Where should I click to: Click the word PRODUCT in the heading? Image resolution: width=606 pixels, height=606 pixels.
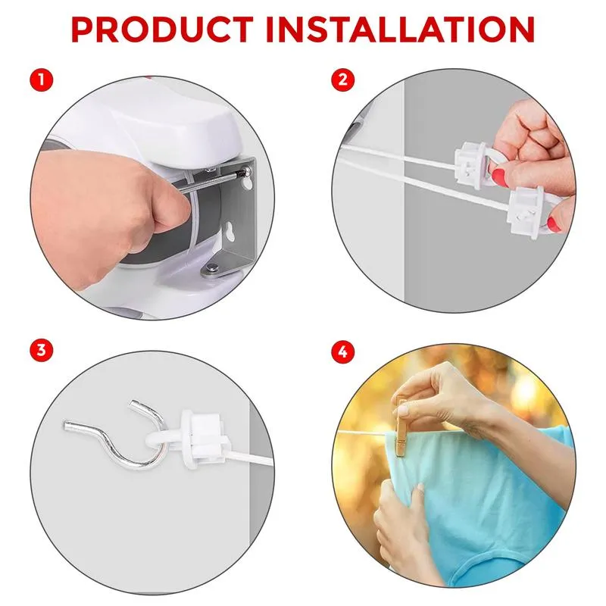[x=162, y=30]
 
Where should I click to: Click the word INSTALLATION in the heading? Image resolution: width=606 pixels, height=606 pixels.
[x=401, y=30]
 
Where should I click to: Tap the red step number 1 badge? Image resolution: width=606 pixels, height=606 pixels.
[x=42, y=80]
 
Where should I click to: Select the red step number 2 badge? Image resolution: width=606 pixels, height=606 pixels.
[x=343, y=80]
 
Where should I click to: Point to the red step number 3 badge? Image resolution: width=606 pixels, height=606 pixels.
[x=42, y=351]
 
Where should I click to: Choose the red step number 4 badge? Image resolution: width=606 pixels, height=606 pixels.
[x=343, y=351]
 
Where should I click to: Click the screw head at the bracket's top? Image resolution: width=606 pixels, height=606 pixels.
[x=244, y=170]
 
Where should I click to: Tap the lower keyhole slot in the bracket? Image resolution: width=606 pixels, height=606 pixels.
[x=230, y=231]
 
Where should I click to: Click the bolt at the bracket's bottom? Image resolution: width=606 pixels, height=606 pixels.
[x=212, y=267]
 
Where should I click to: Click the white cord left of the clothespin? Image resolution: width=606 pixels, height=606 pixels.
[x=366, y=433]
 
